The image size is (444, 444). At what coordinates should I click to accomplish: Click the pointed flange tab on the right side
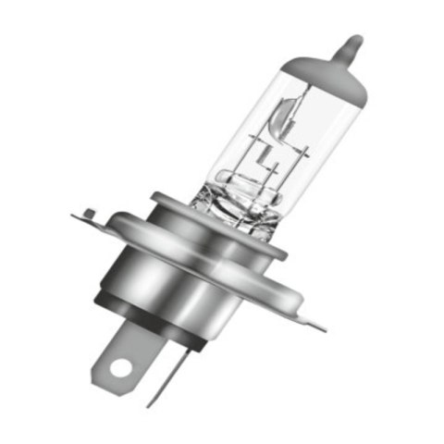(x=314, y=323)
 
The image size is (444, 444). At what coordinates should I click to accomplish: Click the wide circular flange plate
(x=268, y=277)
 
